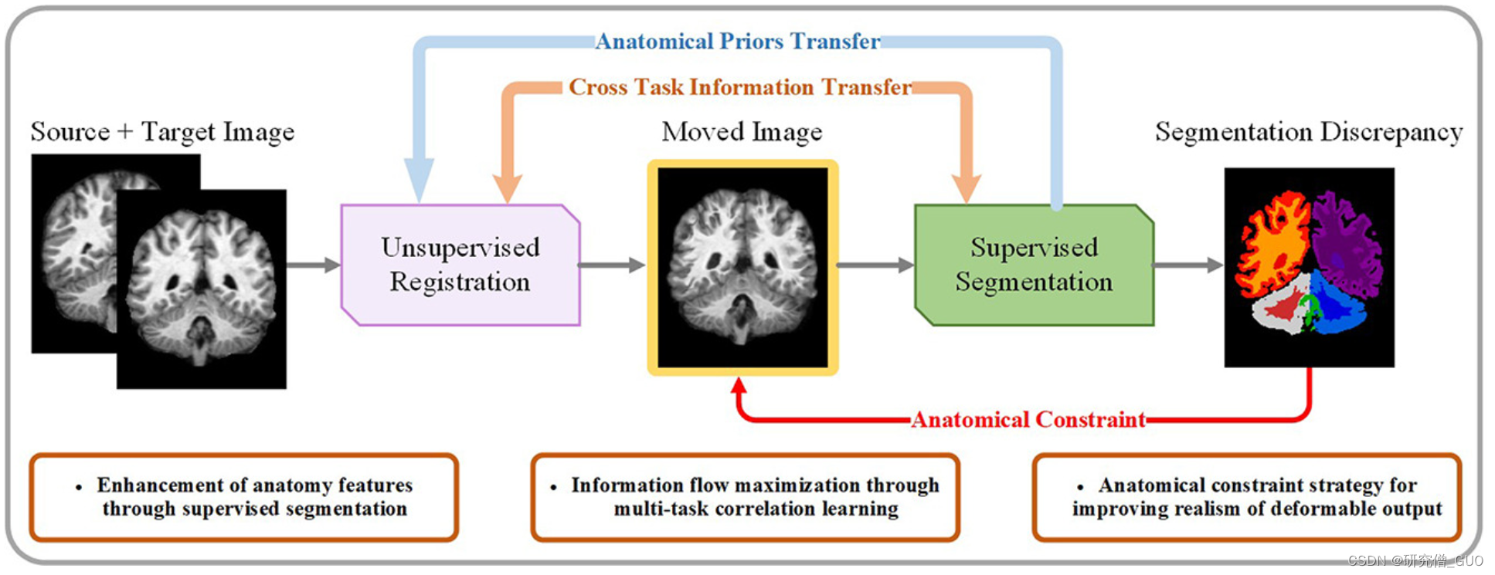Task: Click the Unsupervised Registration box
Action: point(460,265)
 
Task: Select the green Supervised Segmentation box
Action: point(1034,265)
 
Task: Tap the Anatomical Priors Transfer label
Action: point(737,41)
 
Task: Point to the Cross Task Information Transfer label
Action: point(739,87)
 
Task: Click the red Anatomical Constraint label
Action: point(1028,420)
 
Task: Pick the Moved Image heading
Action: point(742,132)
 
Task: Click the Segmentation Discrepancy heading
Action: point(1308,132)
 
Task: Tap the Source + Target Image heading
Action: point(162,132)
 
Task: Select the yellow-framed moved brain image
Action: point(742,267)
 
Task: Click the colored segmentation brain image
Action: point(1309,267)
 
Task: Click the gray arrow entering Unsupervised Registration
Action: point(313,265)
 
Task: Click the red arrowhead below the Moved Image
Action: point(739,385)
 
